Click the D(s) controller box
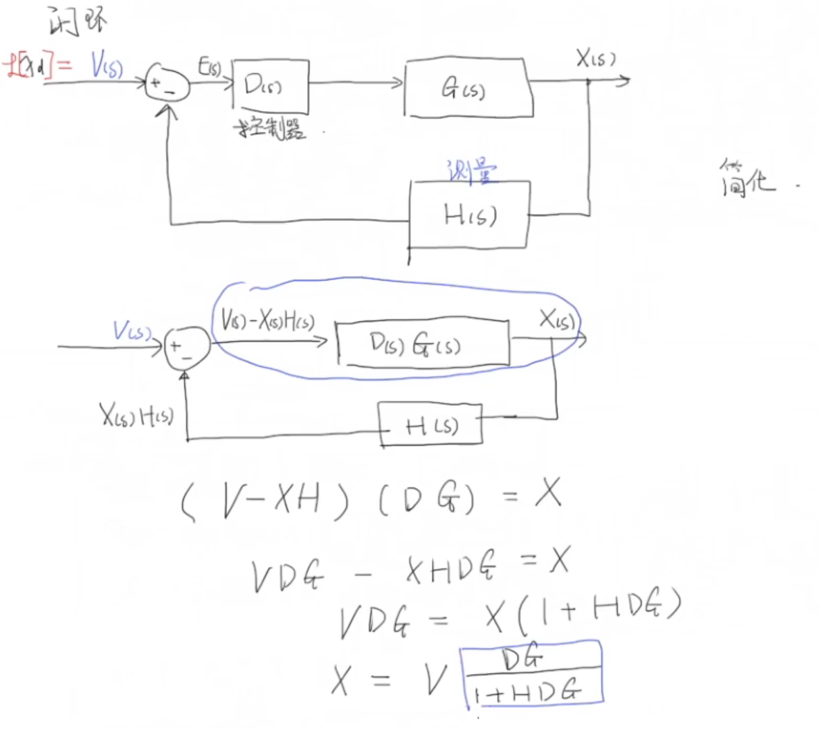tap(271, 86)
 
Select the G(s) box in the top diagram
tap(468, 89)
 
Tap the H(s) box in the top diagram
tap(470, 216)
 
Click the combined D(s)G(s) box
tap(423, 343)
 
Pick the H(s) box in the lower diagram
tap(430, 424)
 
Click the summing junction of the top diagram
tap(167, 84)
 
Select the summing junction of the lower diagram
tap(186, 348)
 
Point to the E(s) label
tap(210, 67)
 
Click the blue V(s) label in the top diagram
tap(107, 66)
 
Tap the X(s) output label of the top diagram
tap(596, 59)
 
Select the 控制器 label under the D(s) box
tap(271, 129)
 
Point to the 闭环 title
tap(77, 21)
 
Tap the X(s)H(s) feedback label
tap(136, 415)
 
